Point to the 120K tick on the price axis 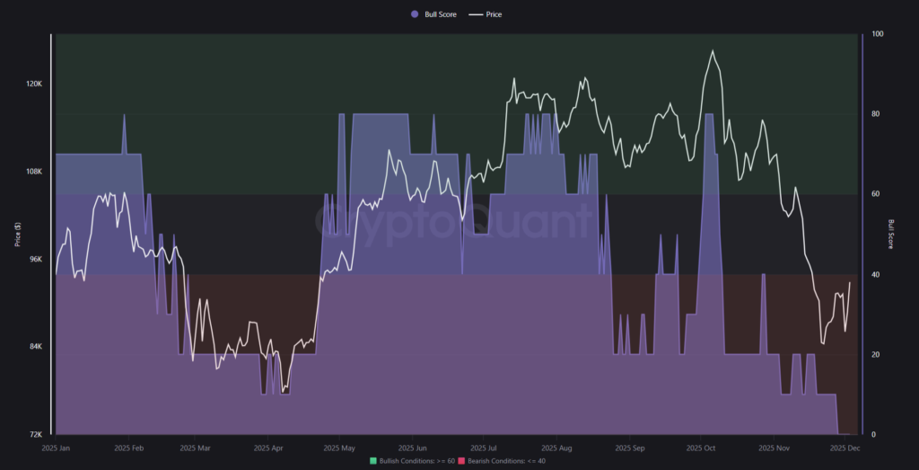[x=34, y=84]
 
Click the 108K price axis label [x=34, y=172]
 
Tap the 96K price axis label [x=35, y=259]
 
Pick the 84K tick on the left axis [x=35, y=347]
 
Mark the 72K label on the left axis [x=35, y=435]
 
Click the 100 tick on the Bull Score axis [x=877, y=34]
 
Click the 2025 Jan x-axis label [x=57, y=447]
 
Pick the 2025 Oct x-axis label [x=700, y=447]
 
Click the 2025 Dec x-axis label [x=845, y=447]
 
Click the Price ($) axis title [x=17, y=235]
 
